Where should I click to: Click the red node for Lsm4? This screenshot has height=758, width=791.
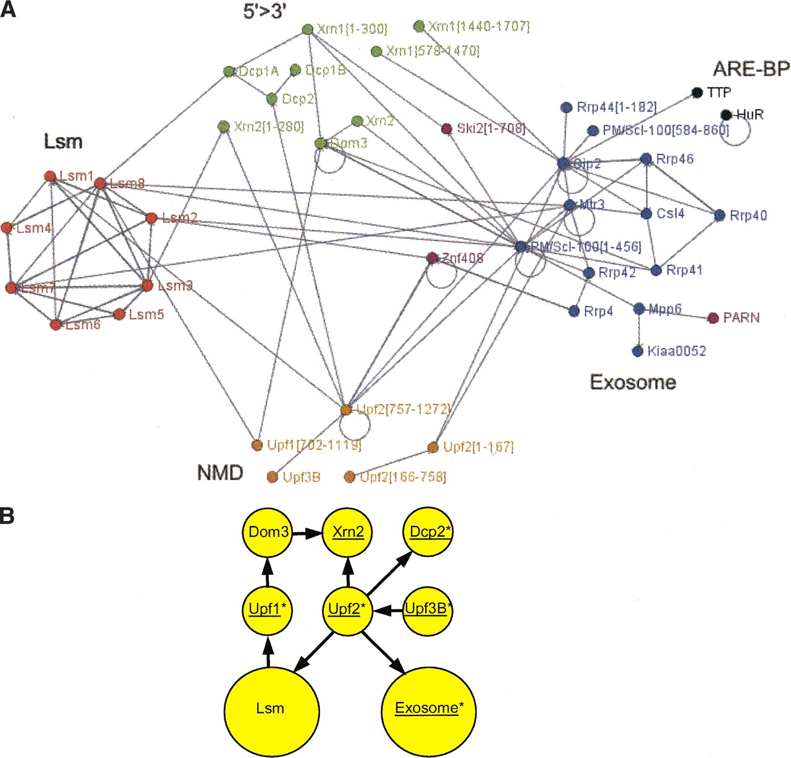(x=7, y=228)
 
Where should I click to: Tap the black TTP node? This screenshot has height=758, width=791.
(x=698, y=93)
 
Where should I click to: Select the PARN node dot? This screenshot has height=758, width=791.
(x=714, y=317)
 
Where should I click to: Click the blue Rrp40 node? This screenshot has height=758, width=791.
(x=719, y=215)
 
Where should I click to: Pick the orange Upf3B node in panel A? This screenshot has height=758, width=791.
(x=272, y=477)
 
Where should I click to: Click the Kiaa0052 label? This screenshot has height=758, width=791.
(x=677, y=351)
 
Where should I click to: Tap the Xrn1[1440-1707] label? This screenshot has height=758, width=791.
(x=479, y=26)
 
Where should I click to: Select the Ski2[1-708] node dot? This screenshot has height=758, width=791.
(x=446, y=128)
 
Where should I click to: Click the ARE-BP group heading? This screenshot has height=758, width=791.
(x=751, y=69)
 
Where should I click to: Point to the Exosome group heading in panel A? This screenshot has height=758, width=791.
(x=633, y=382)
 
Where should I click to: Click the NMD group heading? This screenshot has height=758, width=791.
(x=220, y=473)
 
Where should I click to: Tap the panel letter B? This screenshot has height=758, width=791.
(x=7, y=515)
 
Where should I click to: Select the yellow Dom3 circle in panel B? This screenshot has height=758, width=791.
(x=268, y=532)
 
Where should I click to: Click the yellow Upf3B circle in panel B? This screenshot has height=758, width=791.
(x=427, y=610)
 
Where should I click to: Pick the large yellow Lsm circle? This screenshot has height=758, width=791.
(x=271, y=707)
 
